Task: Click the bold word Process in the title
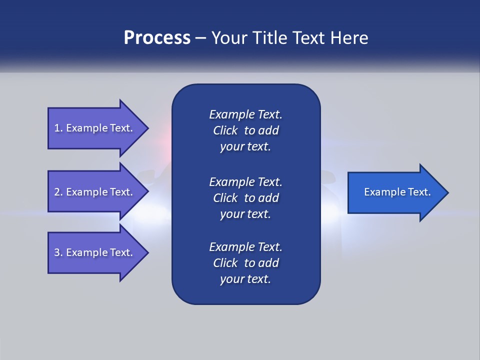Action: point(157,38)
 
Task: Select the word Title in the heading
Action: point(270,38)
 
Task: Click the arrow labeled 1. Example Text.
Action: point(95,128)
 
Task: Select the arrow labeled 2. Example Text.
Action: point(95,192)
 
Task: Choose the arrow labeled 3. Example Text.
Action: point(95,252)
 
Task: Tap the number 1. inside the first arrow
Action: point(58,128)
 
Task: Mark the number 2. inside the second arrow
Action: point(58,192)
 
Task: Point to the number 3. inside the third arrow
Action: point(58,252)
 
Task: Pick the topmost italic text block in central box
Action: point(245,130)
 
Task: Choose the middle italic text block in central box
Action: point(245,197)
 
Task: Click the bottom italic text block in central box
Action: point(245,263)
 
